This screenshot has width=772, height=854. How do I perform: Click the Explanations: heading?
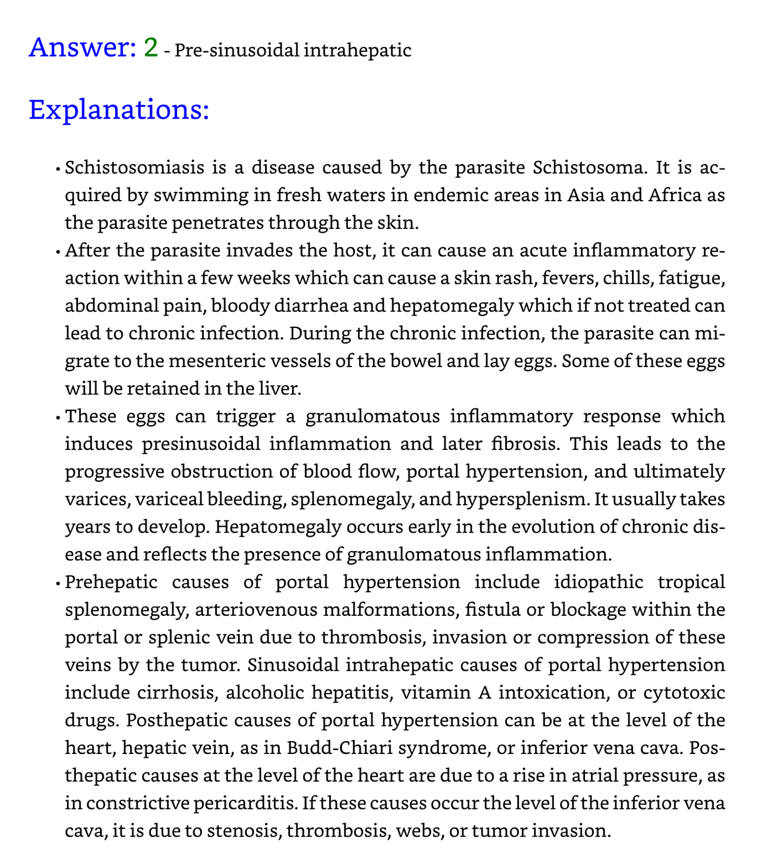[118, 109]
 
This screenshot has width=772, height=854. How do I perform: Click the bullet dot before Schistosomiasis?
[59, 171]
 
